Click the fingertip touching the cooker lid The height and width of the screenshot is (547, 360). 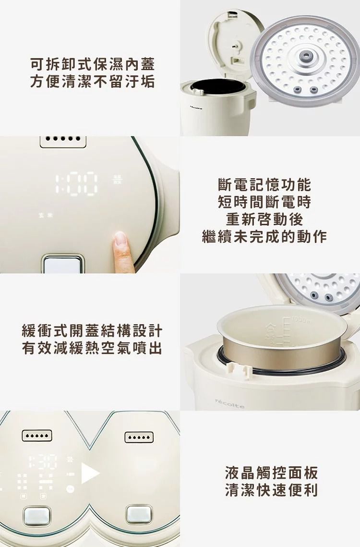120,239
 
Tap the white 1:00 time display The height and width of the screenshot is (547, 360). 77,184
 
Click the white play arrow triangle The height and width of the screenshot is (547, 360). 90,474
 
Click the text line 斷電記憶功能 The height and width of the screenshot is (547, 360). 264,184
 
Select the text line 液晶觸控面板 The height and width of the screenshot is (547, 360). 272,473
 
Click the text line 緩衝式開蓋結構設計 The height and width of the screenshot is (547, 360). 92,331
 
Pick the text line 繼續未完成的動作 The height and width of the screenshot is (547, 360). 264,236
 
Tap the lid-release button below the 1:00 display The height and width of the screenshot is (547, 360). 62,264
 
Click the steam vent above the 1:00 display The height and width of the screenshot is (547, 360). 63,141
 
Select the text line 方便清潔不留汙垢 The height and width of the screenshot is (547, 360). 92,82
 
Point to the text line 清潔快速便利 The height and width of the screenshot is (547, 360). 272,490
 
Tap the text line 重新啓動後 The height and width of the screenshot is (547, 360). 264,219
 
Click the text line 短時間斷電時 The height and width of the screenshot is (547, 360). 264,202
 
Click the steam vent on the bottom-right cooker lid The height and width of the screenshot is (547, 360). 139,437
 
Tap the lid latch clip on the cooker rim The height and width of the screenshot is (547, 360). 236,369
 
